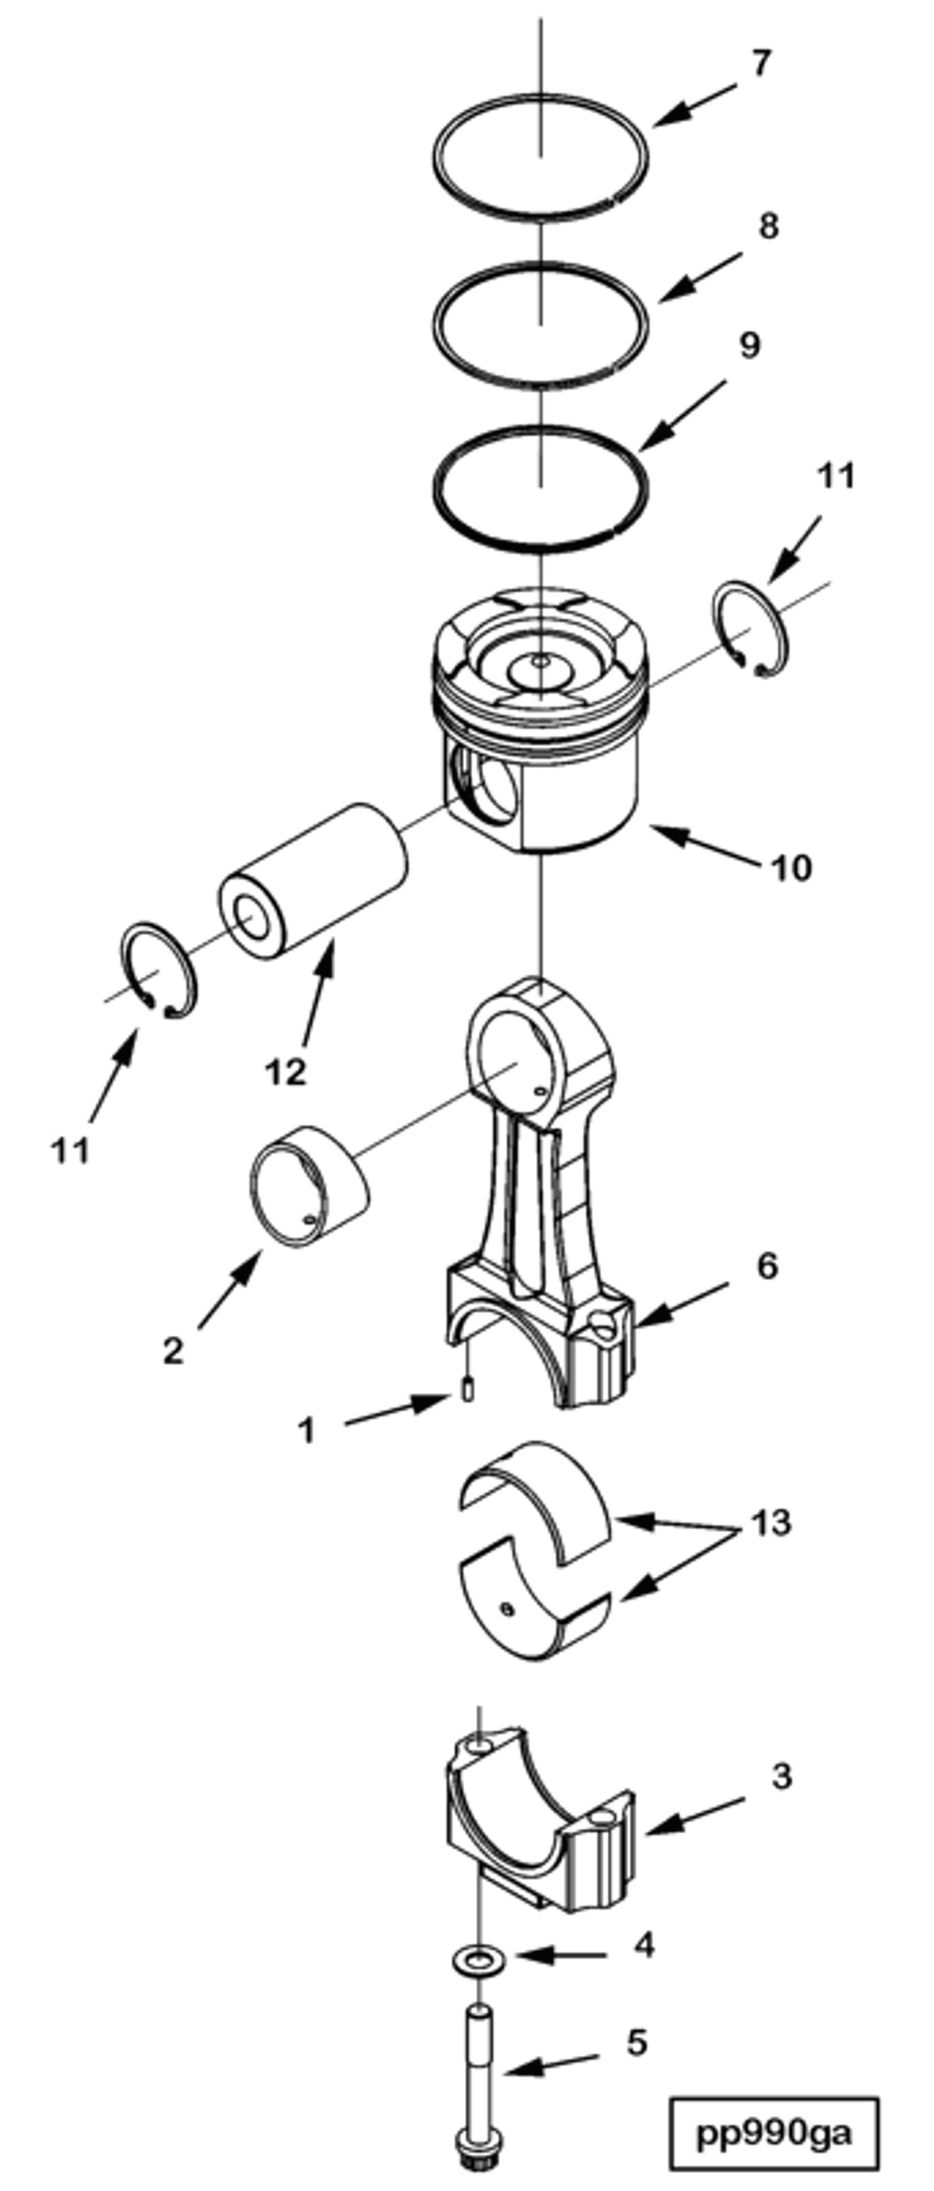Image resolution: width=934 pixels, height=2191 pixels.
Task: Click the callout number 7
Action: (761, 64)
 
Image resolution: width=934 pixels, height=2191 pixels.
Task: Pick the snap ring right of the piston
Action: (751, 630)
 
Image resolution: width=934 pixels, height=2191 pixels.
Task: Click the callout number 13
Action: (771, 1522)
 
